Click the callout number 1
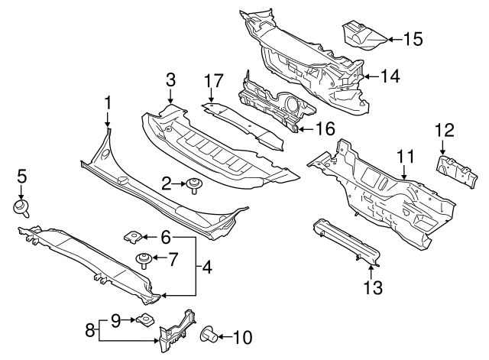coord(108,102)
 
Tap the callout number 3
coord(170,79)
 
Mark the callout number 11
coord(406,157)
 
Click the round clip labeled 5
coord(21,206)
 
